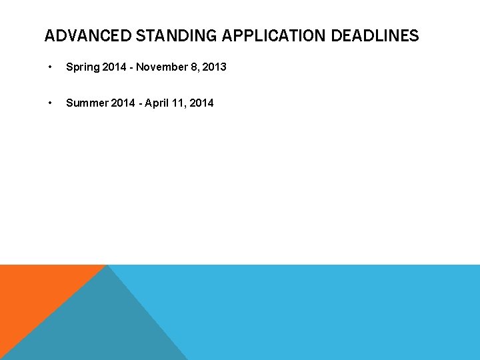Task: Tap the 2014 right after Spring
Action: click(115, 67)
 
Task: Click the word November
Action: click(162, 67)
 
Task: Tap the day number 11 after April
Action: click(177, 103)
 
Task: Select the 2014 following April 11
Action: click(201, 103)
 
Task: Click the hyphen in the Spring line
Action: click(132, 67)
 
